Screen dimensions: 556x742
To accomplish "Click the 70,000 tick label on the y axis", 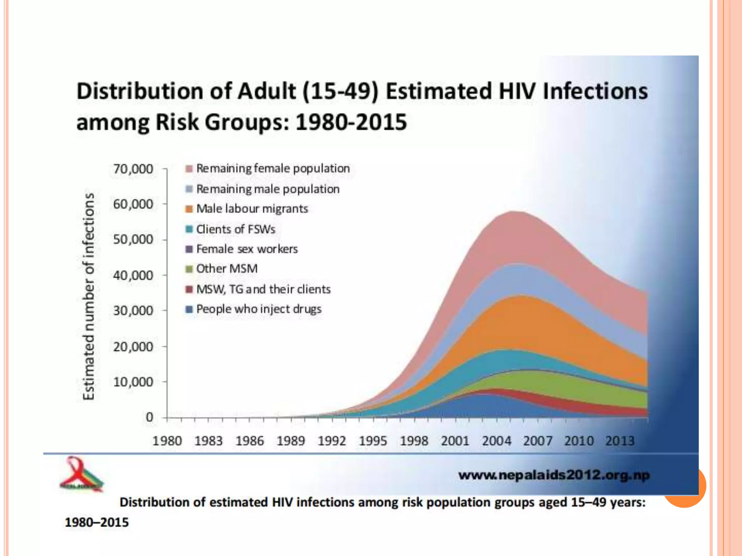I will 133,169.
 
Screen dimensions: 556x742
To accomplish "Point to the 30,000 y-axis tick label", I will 133,311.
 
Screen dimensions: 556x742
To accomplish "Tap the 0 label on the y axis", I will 149,417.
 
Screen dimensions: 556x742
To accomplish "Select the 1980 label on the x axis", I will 167,441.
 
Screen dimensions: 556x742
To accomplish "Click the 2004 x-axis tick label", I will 496,441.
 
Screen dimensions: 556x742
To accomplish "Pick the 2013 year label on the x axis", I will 620,441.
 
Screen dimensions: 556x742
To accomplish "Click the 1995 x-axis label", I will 373,441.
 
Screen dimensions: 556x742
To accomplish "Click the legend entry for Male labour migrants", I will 252,209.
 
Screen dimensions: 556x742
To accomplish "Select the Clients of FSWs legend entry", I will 235,229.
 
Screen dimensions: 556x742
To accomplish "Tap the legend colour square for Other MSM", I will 189,269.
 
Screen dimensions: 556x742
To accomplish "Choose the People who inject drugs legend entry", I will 259,309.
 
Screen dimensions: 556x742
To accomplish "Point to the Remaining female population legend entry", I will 273,169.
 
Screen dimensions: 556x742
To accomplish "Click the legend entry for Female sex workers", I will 247,249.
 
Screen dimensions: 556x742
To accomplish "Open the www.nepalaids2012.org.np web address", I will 554,475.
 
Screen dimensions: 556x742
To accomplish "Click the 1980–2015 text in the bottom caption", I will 97,522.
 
